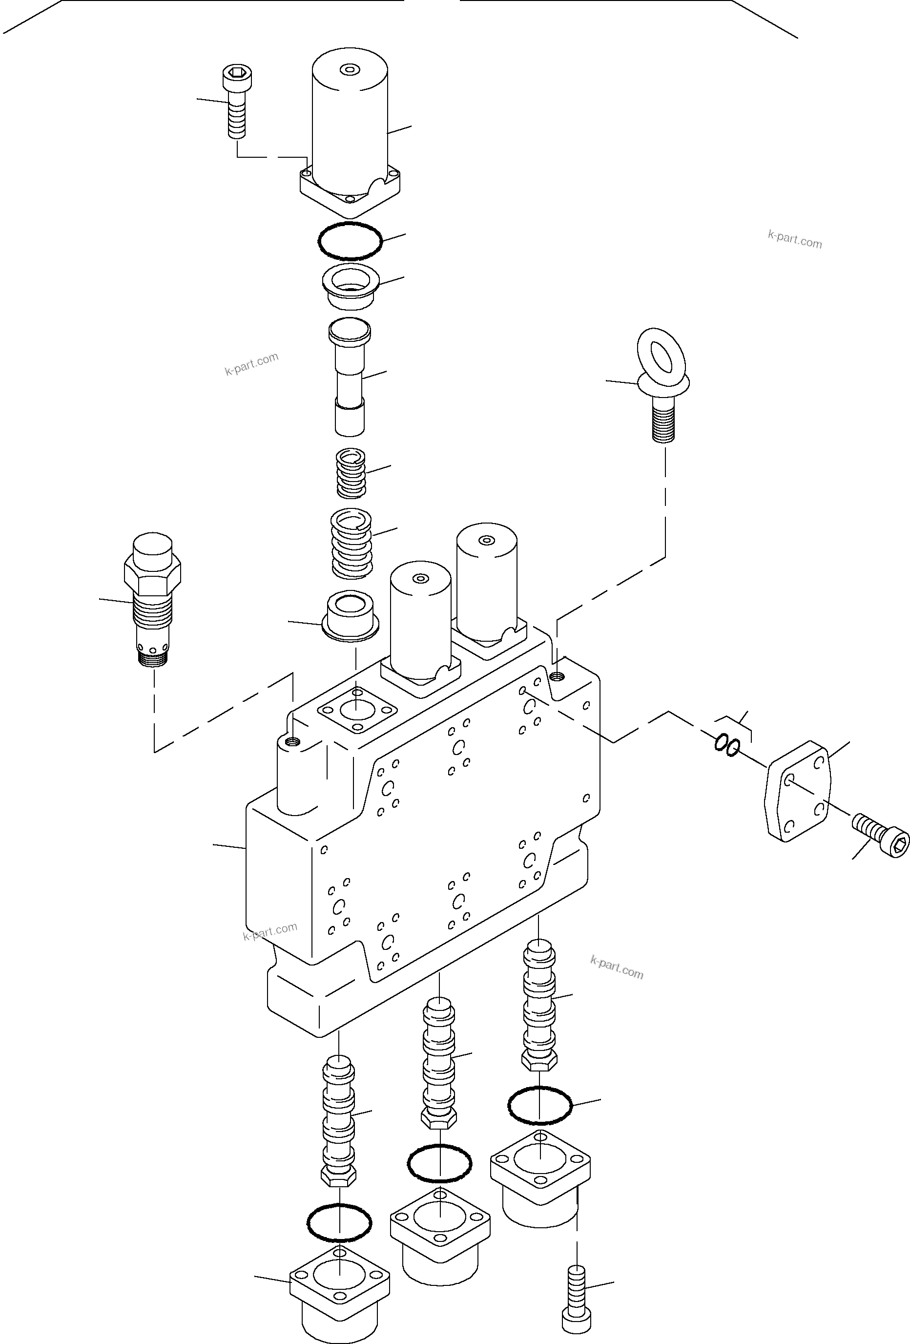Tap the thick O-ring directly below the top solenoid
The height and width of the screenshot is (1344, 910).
pos(350,241)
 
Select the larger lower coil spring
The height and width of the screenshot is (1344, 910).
pos(351,543)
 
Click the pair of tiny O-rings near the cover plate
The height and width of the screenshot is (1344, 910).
pos(726,745)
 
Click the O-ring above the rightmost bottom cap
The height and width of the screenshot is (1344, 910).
pos(539,1105)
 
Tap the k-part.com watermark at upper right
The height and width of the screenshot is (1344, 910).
pos(794,239)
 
